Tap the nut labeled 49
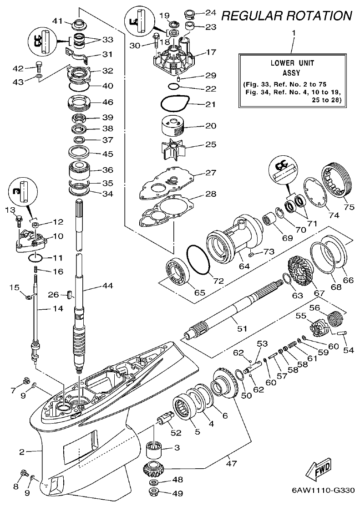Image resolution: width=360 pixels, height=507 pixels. [x=156, y=492]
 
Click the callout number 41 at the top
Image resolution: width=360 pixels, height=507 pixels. [x=58, y=21]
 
